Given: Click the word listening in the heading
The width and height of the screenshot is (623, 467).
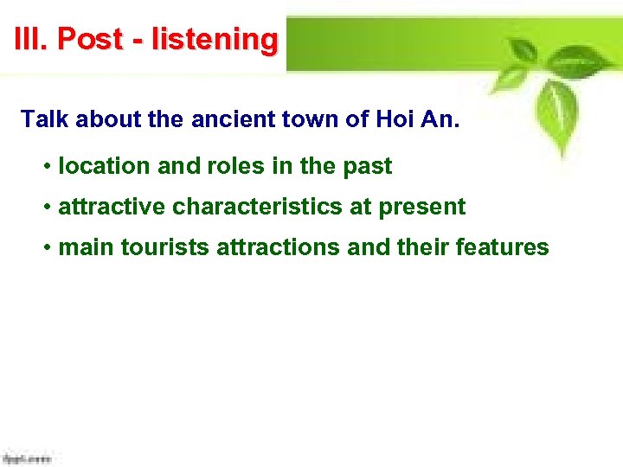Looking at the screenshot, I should click(x=215, y=40).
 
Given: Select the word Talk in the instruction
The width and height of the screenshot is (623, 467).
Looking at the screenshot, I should click(x=44, y=119).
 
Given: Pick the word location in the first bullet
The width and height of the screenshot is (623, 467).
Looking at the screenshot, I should click(x=97, y=166).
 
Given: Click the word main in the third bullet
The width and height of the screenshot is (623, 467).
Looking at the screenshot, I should click(x=86, y=248).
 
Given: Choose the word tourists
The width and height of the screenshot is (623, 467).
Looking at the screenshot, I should click(x=165, y=248).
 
